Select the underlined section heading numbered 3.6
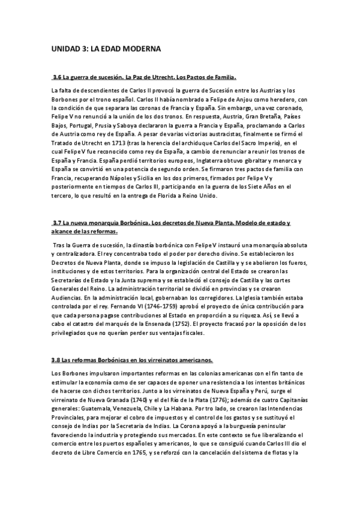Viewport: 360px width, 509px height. point(145,77)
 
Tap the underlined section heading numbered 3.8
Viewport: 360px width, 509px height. point(133,360)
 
